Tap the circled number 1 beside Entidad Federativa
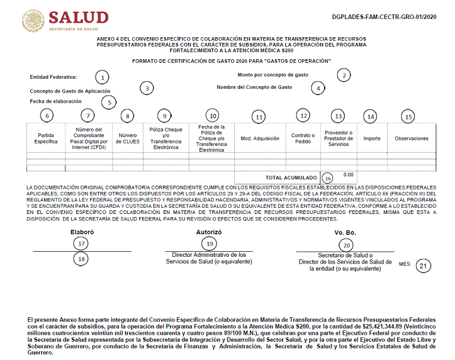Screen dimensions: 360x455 (102, 77)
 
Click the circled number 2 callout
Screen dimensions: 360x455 (343, 75)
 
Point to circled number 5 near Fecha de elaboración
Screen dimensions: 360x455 (110, 102)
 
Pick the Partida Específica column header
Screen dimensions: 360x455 (46, 139)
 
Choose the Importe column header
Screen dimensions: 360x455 (371, 138)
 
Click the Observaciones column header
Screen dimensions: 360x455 (411, 138)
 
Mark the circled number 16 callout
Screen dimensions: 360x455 (327, 178)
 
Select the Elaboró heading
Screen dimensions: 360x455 (81, 232)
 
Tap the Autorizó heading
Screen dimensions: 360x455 (210, 232)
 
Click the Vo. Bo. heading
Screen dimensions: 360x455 (345, 233)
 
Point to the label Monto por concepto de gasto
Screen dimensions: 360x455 (272, 75)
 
